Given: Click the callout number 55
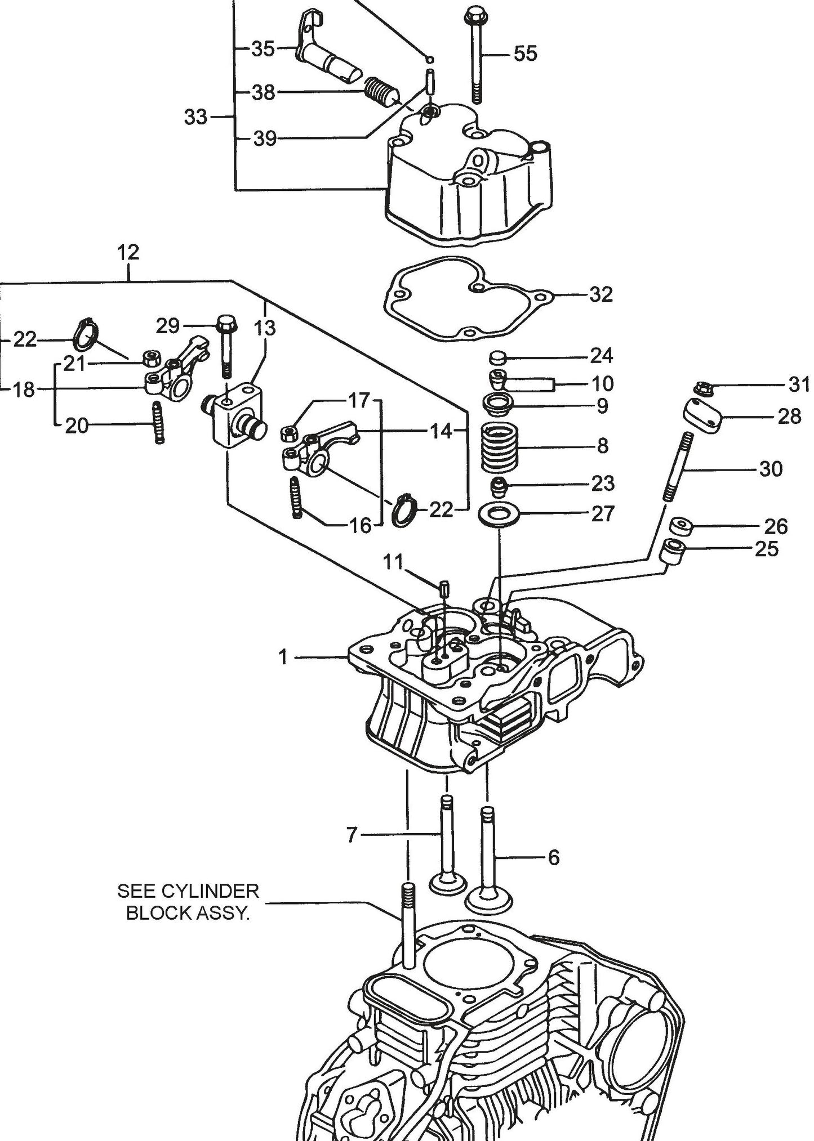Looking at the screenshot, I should [x=525, y=54].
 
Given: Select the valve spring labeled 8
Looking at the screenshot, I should [x=498, y=448].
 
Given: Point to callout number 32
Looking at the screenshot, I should [x=601, y=294].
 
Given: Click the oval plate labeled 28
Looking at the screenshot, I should [x=703, y=415].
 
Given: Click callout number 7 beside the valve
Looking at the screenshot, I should [x=352, y=835].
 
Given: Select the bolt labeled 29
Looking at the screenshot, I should [x=226, y=347].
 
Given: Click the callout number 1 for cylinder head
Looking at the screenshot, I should [x=283, y=656].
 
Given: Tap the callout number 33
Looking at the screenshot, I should [x=195, y=117].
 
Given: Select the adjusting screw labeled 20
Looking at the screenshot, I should [x=159, y=423].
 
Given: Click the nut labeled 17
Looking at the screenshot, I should [x=289, y=433].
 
